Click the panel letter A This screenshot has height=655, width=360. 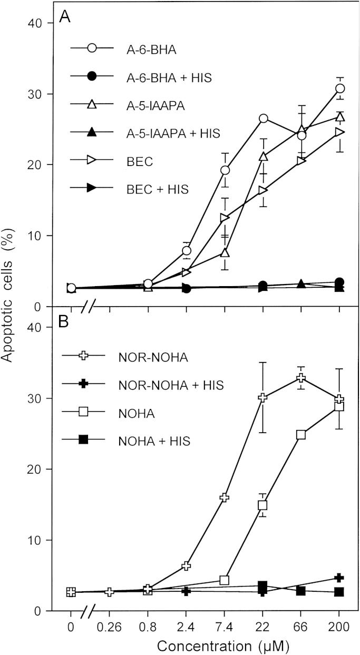[x=64, y=17]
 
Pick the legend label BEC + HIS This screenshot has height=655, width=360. [x=147, y=188]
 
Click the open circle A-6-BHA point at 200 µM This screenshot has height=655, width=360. [x=339, y=89]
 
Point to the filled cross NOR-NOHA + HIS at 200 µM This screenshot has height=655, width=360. [x=339, y=578]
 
